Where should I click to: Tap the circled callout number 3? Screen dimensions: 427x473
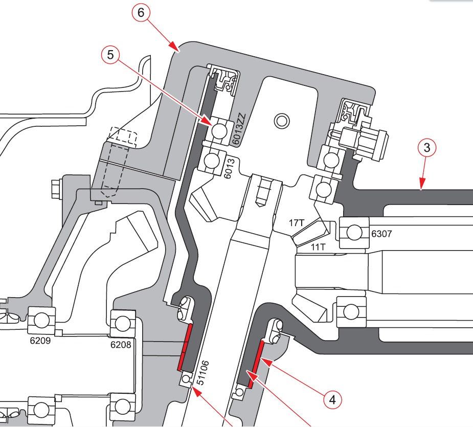point(426,149)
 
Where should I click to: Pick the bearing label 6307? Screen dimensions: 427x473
point(381,234)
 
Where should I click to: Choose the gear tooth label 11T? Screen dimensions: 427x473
point(318,246)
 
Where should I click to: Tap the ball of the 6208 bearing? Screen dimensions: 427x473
point(122,323)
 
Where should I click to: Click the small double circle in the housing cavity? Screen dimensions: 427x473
point(281,121)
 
